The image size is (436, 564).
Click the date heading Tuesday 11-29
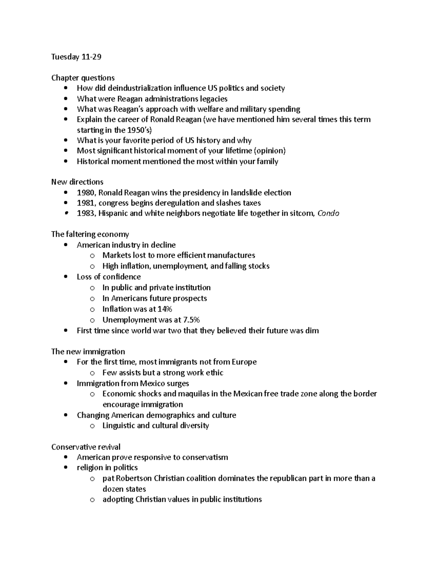pyautogui.click(x=76, y=57)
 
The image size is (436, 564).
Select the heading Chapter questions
pyautogui.click(x=83, y=78)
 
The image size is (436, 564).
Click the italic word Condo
pyautogui.click(x=328, y=214)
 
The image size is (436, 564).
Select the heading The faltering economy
pyautogui.click(x=90, y=234)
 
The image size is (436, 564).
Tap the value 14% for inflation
pyautogui.click(x=165, y=309)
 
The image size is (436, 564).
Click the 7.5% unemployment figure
pyautogui.click(x=191, y=320)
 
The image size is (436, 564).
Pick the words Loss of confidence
pyautogui.click(x=109, y=277)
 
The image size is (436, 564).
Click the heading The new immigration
pyautogui.click(x=88, y=352)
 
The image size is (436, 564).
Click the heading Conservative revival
pyautogui.click(x=86, y=447)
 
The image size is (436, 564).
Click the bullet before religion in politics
pyautogui.click(x=65, y=468)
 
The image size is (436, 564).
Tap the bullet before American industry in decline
pyautogui.click(x=65, y=245)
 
